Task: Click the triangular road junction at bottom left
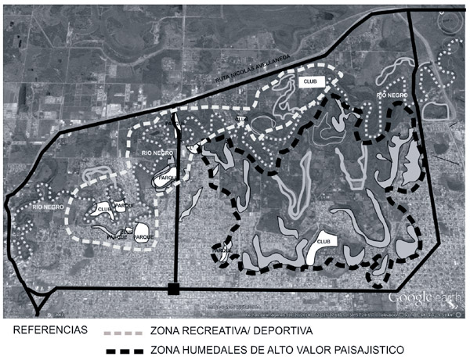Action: tap(36, 298)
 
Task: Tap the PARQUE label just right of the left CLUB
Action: tap(126, 205)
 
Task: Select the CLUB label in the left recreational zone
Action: tap(103, 210)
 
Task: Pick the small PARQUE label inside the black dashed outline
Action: tap(222, 250)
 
